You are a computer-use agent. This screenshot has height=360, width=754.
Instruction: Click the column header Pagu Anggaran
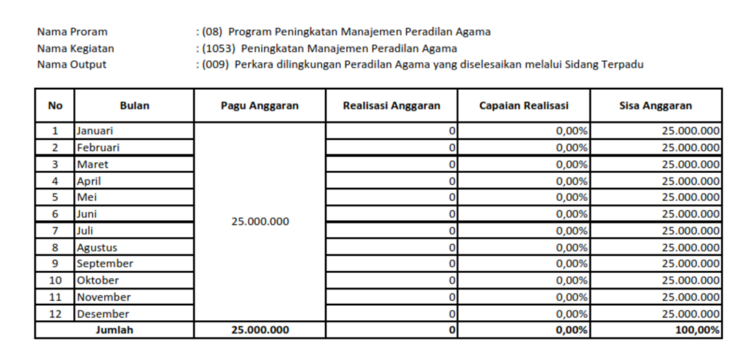[x=259, y=106]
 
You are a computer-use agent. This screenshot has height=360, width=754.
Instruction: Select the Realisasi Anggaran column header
[x=391, y=106]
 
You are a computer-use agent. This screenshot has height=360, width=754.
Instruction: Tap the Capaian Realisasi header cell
[x=524, y=106]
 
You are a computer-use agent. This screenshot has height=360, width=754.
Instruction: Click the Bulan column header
[x=134, y=106]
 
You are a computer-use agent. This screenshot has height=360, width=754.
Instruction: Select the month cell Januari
[x=95, y=130]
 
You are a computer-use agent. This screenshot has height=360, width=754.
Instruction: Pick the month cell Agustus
[x=97, y=248]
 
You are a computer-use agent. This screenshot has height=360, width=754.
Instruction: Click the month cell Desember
[x=103, y=314]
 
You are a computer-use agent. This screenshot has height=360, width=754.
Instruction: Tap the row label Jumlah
[x=114, y=330]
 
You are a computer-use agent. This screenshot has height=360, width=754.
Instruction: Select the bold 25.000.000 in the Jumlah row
[x=260, y=330]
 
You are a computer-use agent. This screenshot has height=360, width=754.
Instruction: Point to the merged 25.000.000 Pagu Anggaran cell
[x=260, y=221]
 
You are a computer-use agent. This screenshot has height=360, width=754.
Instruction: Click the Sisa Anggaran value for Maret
[x=690, y=165]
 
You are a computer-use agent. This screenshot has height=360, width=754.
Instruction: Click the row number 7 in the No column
[x=55, y=230]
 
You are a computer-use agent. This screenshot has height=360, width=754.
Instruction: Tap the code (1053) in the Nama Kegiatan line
[x=218, y=48]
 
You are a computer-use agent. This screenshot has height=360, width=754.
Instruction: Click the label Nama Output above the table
[x=72, y=64]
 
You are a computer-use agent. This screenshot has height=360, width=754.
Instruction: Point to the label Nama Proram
[x=72, y=32]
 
